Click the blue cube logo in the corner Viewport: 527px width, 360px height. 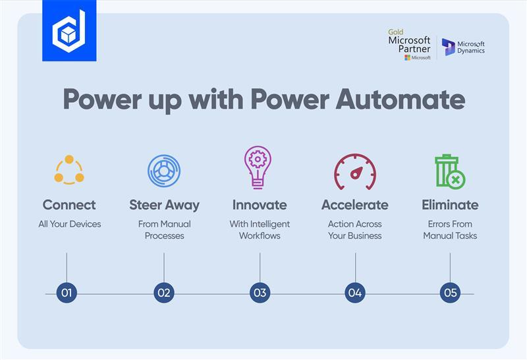[69, 30]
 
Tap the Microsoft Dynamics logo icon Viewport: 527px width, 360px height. [449, 47]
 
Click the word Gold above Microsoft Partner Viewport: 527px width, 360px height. [396, 32]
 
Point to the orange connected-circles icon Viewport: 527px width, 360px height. [69, 169]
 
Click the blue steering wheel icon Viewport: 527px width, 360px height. [164, 170]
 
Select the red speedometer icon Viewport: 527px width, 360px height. [355, 171]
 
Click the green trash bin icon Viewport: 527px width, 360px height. [450, 171]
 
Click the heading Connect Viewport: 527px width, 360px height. [69, 205]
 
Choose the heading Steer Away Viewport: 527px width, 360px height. [164, 205]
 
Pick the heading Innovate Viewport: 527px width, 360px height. [260, 205]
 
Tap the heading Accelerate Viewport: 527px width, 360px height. [355, 205]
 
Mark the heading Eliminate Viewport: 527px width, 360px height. [450, 205]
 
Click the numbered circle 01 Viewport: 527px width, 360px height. [67, 293]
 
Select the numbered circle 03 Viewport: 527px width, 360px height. [260, 293]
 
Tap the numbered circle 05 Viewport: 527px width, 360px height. [450, 293]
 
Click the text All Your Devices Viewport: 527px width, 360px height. [69, 224]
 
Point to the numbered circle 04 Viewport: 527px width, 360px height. [355, 293]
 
